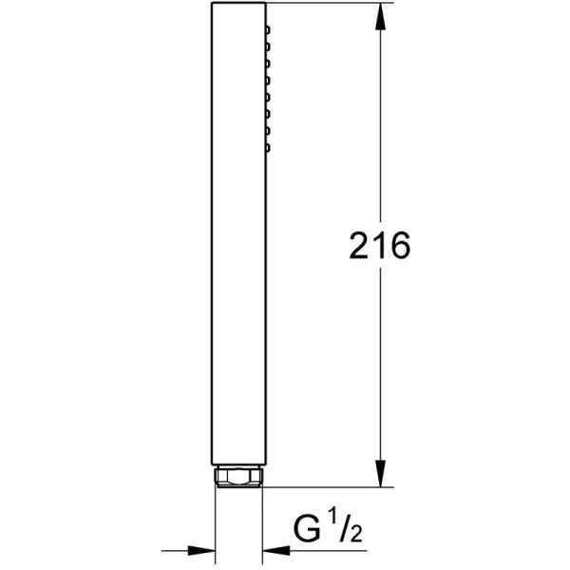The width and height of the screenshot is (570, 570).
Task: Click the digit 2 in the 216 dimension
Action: point(359,245)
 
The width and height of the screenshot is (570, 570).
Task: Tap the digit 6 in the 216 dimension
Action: point(400,245)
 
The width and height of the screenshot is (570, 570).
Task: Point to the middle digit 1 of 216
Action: point(379,245)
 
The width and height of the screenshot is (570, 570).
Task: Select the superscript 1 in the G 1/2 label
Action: point(332,518)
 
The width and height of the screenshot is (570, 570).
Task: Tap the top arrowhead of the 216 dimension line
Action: point(381,16)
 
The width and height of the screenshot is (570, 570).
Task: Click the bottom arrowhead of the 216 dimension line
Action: point(381,473)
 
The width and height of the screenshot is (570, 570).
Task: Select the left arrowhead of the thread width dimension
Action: point(201,550)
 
